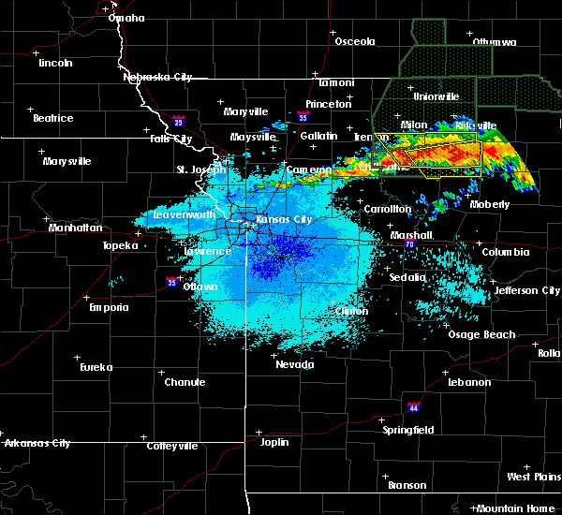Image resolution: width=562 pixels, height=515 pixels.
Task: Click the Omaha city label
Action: tap(126, 18)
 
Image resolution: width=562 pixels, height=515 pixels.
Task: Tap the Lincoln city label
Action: tap(55, 63)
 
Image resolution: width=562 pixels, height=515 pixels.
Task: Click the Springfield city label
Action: tap(408, 430)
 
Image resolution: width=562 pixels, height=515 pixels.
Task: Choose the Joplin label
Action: tap(274, 441)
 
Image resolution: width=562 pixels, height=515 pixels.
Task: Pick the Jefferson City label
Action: tap(527, 290)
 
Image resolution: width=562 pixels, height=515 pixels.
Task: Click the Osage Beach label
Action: tap(481, 334)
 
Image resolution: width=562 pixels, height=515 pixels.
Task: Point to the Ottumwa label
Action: tap(494, 42)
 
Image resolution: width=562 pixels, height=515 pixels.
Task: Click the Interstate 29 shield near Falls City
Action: tap(179, 121)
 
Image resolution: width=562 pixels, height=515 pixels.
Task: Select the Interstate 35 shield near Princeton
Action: tap(303, 118)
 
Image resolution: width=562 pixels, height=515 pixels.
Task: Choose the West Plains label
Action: tap(532, 477)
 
